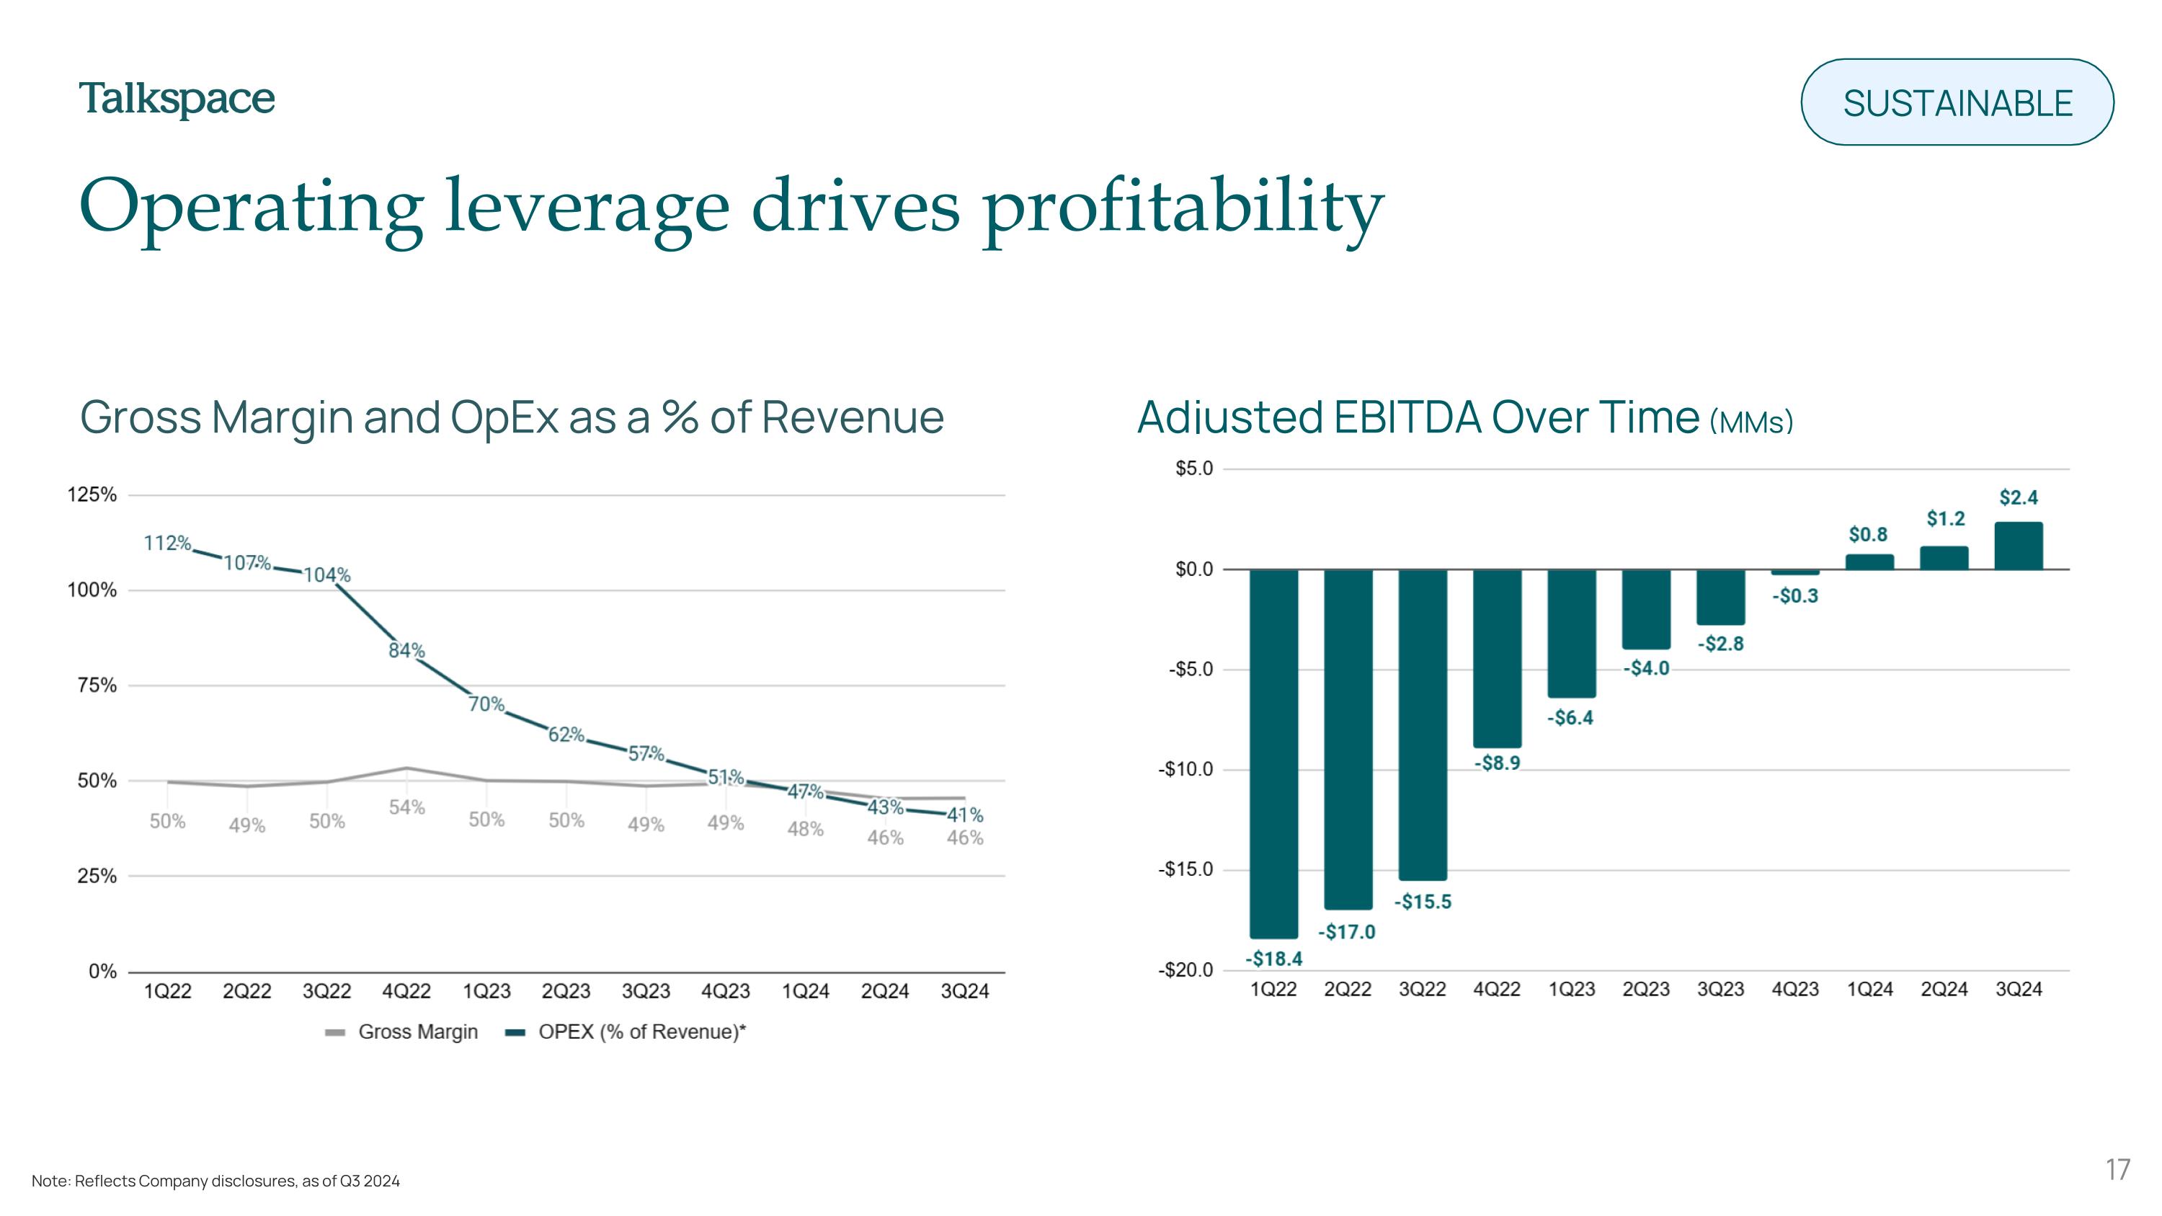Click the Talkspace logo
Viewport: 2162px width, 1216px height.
coord(177,100)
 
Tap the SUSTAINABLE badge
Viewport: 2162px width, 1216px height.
coord(1957,102)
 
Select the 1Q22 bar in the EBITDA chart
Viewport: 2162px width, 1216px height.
coord(1273,753)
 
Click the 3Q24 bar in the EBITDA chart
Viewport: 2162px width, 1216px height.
coord(2019,546)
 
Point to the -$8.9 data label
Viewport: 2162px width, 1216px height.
coord(1498,763)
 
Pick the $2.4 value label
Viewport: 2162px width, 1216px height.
coord(2019,497)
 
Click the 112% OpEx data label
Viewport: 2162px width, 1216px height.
coord(167,543)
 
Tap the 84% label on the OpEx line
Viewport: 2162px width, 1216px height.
coord(406,650)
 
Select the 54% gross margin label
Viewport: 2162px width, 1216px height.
coord(406,807)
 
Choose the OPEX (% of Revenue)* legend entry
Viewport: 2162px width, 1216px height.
coord(626,1031)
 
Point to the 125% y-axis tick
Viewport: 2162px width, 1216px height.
coord(92,494)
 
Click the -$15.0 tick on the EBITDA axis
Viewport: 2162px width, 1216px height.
coord(1186,869)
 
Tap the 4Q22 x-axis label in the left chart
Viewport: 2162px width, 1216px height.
coord(406,991)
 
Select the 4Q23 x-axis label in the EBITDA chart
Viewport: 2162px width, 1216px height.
coord(1795,990)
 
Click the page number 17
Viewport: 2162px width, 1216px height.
coord(2117,1169)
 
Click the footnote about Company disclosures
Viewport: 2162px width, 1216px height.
coord(215,1181)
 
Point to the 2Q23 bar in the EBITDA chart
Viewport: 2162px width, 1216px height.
coord(1646,609)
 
